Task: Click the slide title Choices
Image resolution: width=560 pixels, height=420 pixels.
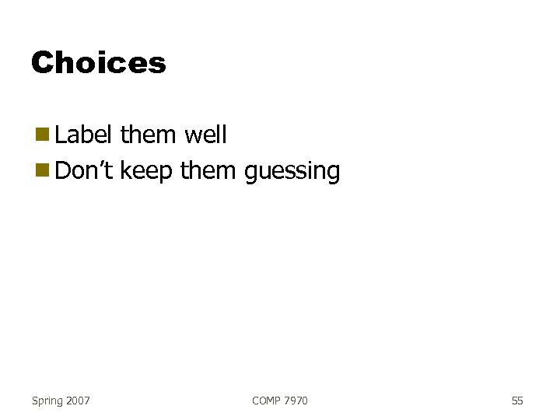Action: coord(99,62)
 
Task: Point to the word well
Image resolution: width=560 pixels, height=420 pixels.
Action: coord(205,135)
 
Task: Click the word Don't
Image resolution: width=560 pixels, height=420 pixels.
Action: coord(86,170)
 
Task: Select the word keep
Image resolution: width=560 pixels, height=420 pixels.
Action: coord(148,172)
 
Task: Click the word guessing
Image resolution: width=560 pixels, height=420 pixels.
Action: coord(292,172)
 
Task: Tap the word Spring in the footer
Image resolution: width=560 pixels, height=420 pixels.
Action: coord(47,401)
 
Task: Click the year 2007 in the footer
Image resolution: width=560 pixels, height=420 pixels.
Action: coord(78,401)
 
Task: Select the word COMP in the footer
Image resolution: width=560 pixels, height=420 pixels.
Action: coord(267,401)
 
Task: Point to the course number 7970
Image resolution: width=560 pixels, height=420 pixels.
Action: coord(296,401)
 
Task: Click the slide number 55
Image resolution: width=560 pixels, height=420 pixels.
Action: coord(517,401)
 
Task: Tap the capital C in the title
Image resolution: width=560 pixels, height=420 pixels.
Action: coord(41,62)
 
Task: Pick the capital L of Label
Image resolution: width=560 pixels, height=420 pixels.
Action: coord(61,135)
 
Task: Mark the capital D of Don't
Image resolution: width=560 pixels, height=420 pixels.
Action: coord(63,170)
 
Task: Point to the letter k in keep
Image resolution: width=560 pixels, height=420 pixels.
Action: coord(126,170)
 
